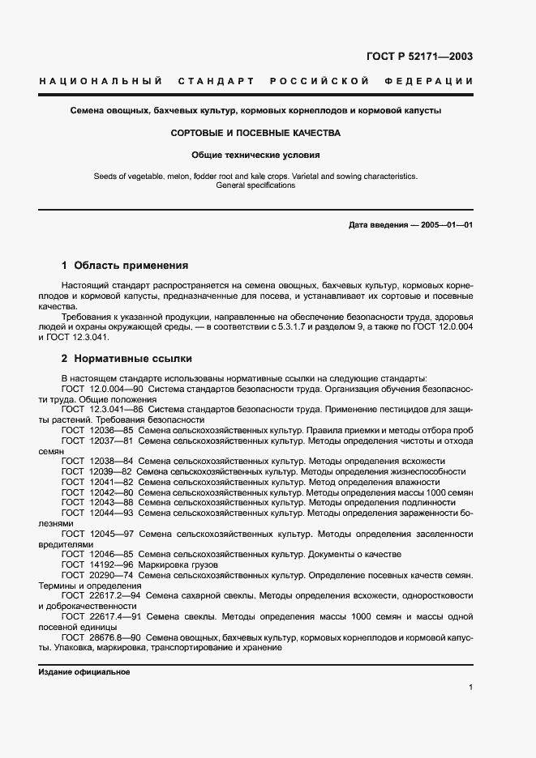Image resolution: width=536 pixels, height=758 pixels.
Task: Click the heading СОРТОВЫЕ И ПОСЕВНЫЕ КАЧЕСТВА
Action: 255,132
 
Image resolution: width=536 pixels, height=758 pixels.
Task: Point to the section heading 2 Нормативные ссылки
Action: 127,358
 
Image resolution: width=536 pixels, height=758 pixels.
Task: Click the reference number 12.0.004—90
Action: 109,389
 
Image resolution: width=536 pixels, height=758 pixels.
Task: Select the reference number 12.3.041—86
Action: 109,410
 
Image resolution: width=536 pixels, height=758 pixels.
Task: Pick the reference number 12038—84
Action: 111,460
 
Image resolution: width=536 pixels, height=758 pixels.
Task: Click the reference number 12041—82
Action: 111,481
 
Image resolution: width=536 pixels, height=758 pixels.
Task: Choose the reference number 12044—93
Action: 111,513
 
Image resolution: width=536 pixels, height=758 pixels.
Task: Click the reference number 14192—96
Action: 111,564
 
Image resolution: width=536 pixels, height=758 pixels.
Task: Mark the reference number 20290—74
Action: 111,575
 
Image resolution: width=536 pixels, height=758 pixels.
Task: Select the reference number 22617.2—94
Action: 114,595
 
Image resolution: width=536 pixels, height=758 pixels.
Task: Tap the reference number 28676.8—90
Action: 114,637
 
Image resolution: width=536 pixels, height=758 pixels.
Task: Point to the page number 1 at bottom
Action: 470,688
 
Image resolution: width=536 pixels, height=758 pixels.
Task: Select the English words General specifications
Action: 255,185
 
